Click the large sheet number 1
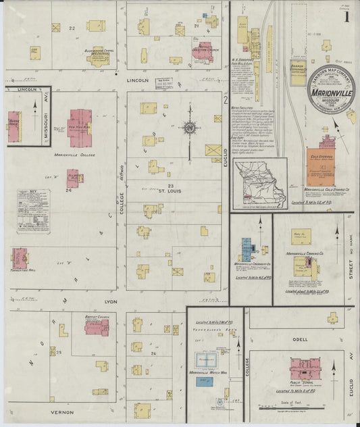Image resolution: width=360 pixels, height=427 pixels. [346, 13]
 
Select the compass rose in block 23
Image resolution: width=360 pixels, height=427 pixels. [190, 128]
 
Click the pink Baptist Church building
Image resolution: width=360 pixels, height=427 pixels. [96, 327]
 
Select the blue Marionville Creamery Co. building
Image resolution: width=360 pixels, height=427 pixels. [246, 249]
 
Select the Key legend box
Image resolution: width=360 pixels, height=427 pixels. [33, 211]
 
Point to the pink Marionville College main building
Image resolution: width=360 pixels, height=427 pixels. [80, 127]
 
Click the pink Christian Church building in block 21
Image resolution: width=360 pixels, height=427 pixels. [202, 52]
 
